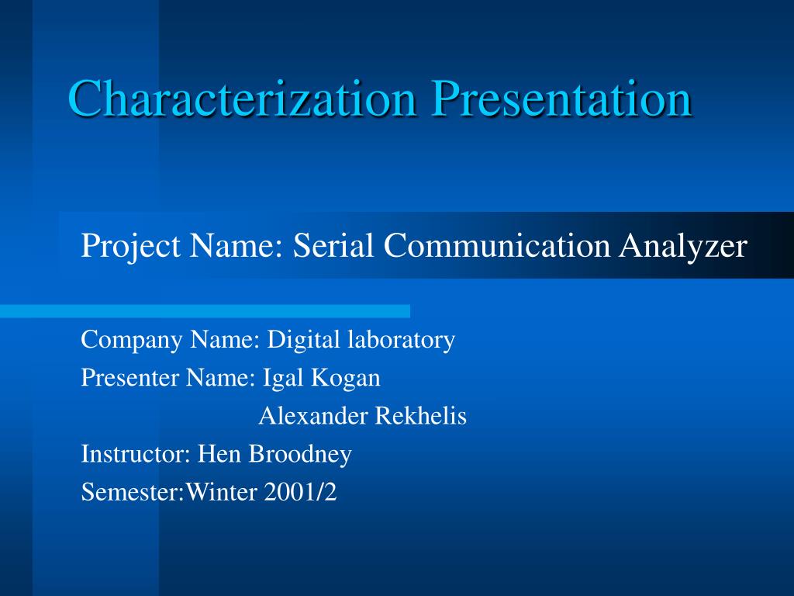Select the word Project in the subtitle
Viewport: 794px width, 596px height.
coord(129,247)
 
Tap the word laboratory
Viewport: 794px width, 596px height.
coord(401,341)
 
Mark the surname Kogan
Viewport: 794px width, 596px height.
coord(346,379)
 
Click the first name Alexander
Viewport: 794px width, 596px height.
coord(313,416)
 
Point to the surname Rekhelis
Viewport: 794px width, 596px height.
coord(421,416)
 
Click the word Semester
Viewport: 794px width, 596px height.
coord(128,492)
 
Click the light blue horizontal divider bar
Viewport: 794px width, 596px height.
coord(205,311)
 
